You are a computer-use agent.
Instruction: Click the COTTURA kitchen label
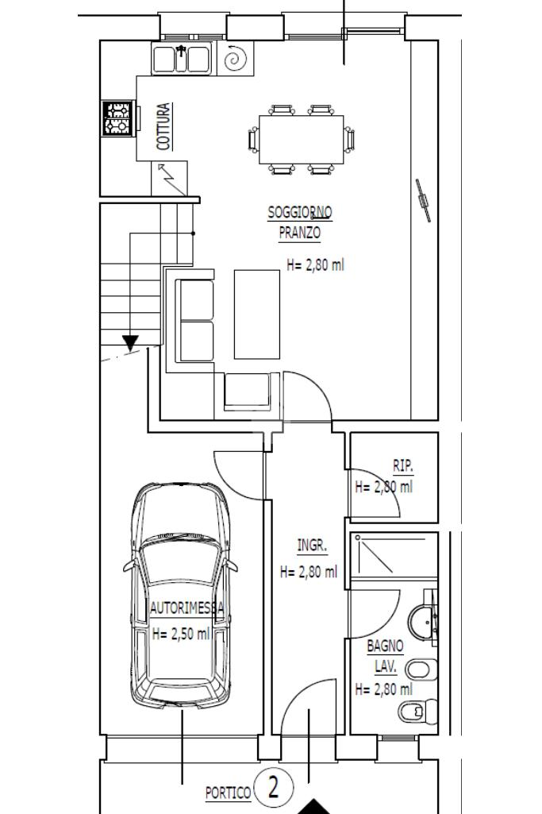point(164,127)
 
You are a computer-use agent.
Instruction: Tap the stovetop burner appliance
point(119,118)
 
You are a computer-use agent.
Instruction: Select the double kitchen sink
point(182,58)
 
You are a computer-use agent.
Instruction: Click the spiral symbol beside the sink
point(236,58)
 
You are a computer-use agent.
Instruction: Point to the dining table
point(302,140)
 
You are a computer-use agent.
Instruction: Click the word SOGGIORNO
point(300,212)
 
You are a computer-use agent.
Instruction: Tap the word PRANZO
point(300,233)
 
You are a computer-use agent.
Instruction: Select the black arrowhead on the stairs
point(130,342)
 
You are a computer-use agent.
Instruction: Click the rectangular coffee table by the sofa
point(257,314)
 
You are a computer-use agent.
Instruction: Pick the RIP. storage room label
point(403,465)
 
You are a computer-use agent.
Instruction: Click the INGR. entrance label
point(312,545)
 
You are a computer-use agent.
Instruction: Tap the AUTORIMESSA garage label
point(186,608)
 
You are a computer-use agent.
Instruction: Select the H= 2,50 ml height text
point(181,634)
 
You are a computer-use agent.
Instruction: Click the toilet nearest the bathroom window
point(418,710)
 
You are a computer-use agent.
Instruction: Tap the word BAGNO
point(385,646)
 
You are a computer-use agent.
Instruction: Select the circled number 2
point(274,786)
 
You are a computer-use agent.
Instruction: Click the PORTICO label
point(228,793)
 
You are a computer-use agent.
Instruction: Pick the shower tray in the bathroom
point(394,555)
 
